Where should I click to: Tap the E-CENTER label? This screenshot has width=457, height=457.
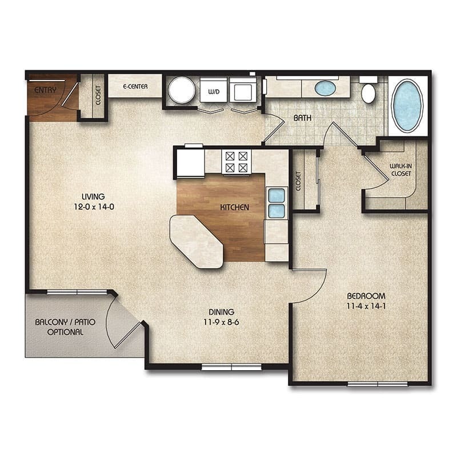pyautogui.click(x=135, y=87)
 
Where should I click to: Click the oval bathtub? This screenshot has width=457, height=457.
pyautogui.click(x=407, y=106)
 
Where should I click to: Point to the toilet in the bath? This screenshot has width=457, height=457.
pyautogui.click(x=368, y=93)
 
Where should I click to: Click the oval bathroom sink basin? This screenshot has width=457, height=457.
pyautogui.click(x=325, y=88)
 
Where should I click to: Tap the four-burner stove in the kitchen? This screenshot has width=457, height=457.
pyautogui.click(x=236, y=162)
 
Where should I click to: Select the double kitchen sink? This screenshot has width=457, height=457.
pyautogui.click(x=276, y=203)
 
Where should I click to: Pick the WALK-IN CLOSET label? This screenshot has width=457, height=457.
pyautogui.click(x=400, y=170)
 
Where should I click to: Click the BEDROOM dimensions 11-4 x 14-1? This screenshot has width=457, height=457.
pyautogui.click(x=366, y=307)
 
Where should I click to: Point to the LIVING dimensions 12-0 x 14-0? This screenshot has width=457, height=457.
pyautogui.click(x=94, y=207)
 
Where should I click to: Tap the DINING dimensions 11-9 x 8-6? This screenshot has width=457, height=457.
pyautogui.click(x=221, y=322)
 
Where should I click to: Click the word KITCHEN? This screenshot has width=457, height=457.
pyautogui.click(x=234, y=207)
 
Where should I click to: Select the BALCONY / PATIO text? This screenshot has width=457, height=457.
pyautogui.click(x=65, y=322)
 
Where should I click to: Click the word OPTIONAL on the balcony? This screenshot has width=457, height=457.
pyautogui.click(x=65, y=332)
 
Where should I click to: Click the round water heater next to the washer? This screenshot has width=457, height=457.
pyautogui.click(x=181, y=90)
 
